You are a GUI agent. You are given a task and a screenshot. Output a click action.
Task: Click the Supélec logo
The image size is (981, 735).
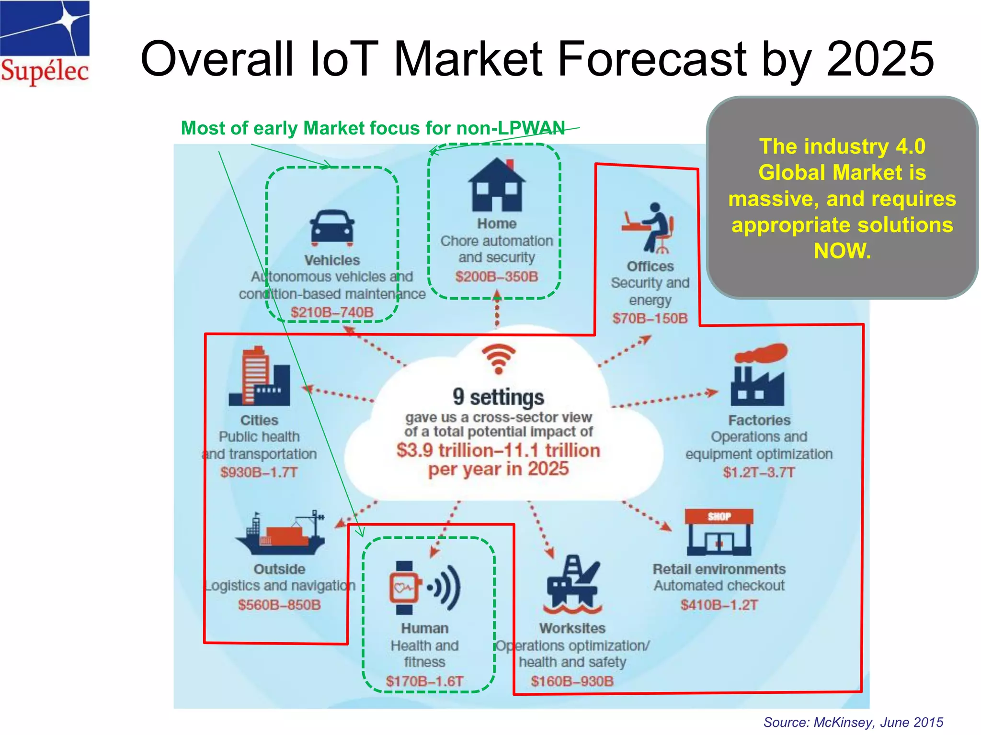(x=45, y=43)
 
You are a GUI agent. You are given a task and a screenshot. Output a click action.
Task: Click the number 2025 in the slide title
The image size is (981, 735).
(x=880, y=59)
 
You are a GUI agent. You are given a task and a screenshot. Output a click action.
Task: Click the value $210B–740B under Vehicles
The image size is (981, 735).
(x=332, y=312)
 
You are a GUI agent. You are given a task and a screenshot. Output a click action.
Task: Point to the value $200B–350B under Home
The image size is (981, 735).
(x=497, y=277)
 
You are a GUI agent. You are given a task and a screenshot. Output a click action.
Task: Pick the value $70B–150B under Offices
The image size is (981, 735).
(x=650, y=318)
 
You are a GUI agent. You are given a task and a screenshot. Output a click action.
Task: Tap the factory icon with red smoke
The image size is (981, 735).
(x=758, y=375)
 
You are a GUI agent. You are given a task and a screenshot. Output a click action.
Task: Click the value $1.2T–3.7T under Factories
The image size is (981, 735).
(x=759, y=472)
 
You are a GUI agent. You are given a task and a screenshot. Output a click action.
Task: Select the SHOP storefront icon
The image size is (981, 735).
(x=719, y=532)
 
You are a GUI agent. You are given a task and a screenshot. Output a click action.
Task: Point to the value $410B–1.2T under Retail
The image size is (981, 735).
(x=719, y=605)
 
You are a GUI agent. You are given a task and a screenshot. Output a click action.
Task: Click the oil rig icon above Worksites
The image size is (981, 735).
(x=573, y=585)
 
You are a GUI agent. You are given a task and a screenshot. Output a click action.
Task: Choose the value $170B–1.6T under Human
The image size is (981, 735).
(x=424, y=681)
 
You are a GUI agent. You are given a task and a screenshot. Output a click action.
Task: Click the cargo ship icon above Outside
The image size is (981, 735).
(x=280, y=534)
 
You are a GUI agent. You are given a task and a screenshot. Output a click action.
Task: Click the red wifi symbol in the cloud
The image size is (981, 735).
(x=499, y=358)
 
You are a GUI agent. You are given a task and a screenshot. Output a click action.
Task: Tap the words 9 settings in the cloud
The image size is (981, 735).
(x=498, y=397)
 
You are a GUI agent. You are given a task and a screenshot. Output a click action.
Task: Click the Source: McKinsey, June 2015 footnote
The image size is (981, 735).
(x=853, y=722)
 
